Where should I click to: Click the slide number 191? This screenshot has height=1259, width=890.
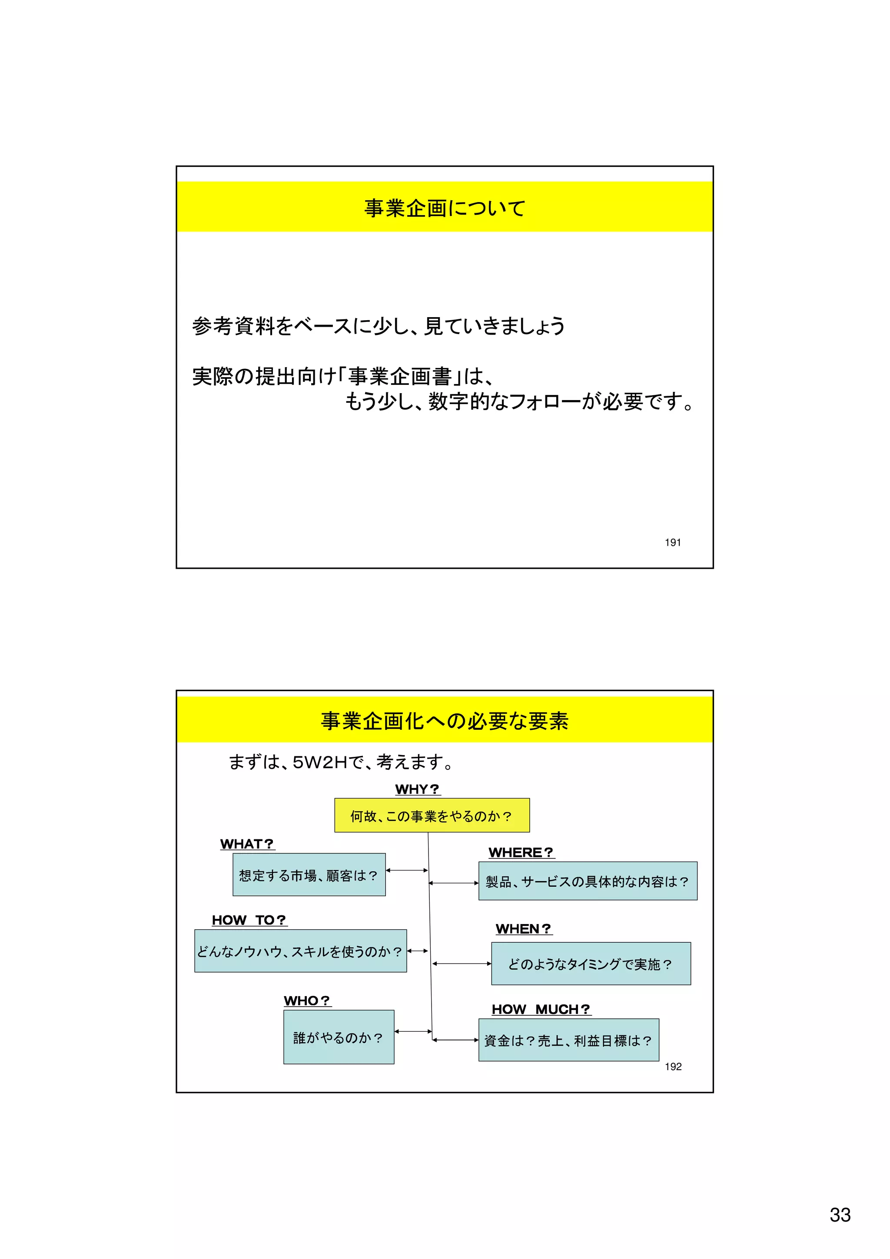(x=672, y=542)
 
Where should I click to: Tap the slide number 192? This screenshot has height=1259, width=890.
(x=673, y=1066)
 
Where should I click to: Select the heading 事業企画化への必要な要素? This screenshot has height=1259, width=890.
(x=445, y=721)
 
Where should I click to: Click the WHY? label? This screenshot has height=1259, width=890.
(x=417, y=789)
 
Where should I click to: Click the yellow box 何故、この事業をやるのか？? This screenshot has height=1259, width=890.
(x=432, y=815)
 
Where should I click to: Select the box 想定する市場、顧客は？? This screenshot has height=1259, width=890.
(x=309, y=875)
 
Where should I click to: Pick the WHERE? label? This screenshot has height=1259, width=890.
(x=521, y=852)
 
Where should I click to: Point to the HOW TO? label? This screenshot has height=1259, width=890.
(x=249, y=920)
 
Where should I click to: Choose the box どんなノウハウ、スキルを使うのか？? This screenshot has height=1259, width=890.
(x=300, y=951)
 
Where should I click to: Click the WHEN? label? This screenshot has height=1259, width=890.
(x=523, y=928)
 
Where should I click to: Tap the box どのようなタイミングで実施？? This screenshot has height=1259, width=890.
(x=591, y=964)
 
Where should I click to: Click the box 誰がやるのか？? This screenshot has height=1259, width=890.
(x=339, y=1037)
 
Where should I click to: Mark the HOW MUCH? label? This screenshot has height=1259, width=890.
(x=541, y=1009)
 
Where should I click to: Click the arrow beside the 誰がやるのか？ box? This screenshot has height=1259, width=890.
(x=413, y=1031)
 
